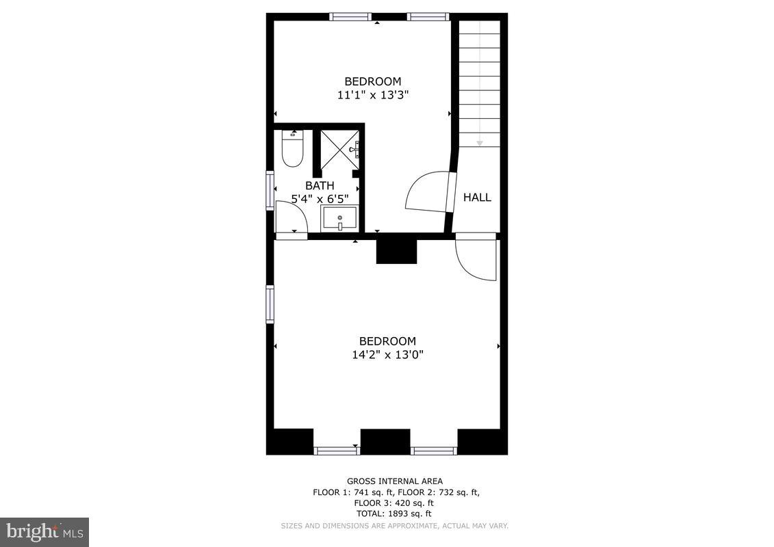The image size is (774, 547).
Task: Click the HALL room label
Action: pyautogui.click(x=477, y=198)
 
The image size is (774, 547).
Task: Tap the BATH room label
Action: pyautogui.click(x=320, y=186)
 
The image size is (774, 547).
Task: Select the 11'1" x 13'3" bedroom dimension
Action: pyautogui.click(x=373, y=95)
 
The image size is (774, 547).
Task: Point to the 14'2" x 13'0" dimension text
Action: pyautogui.click(x=387, y=355)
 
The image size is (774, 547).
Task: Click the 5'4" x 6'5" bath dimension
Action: pyautogui.click(x=320, y=199)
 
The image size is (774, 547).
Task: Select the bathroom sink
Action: pyautogui.click(x=339, y=219)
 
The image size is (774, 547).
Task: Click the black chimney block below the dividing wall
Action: pyautogui.click(x=396, y=251)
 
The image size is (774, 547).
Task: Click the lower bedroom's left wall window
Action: pyautogui.click(x=270, y=304)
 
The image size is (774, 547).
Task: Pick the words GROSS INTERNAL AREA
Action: pyautogui.click(x=394, y=481)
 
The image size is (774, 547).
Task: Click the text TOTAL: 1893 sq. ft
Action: pyautogui.click(x=394, y=513)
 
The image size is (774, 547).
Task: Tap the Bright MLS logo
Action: pyautogui.click(x=44, y=531)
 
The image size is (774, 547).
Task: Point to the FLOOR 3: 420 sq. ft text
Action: pyautogui.click(x=394, y=503)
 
